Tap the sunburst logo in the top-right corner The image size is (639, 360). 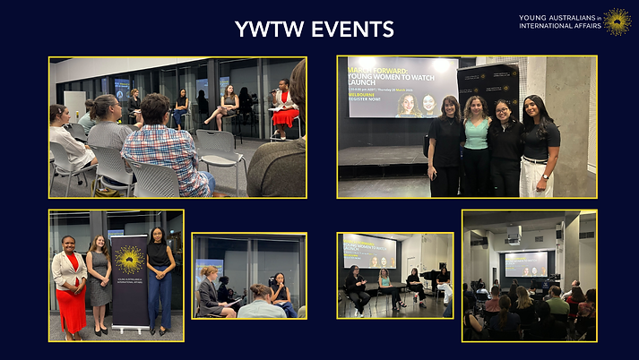pyautogui.click(x=617, y=21)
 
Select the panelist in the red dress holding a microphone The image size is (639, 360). pyautogui.click(x=284, y=107)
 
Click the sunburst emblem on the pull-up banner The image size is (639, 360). pyautogui.click(x=129, y=259)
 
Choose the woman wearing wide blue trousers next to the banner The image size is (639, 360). pyautogui.click(x=160, y=278)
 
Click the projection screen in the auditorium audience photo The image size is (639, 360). pyautogui.click(x=526, y=263)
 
